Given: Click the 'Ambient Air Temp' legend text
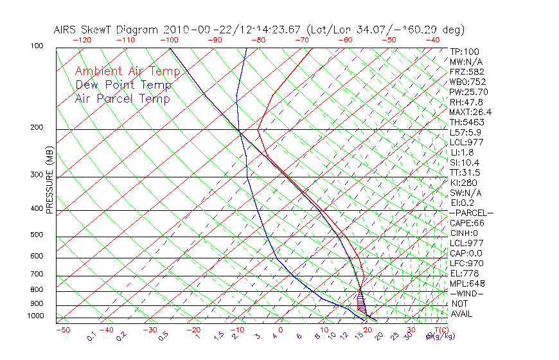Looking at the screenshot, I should (x=127, y=71).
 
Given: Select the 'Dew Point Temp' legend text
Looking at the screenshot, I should (x=123, y=85).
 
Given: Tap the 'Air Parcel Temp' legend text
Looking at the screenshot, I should (x=122, y=98).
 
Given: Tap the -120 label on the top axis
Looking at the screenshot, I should (x=82, y=40).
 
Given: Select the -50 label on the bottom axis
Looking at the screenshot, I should (x=62, y=330).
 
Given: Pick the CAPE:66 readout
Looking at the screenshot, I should (x=467, y=223).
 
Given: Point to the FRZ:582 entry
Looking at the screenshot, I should (x=466, y=72).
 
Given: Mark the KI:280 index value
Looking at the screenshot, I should (x=464, y=183).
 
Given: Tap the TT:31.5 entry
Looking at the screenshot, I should (x=465, y=172).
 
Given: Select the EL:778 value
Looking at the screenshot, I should (x=463, y=273).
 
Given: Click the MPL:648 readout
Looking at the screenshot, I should (x=467, y=283).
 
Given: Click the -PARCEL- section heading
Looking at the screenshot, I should (x=471, y=213).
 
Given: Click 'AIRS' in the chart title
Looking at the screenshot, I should (x=67, y=30).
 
